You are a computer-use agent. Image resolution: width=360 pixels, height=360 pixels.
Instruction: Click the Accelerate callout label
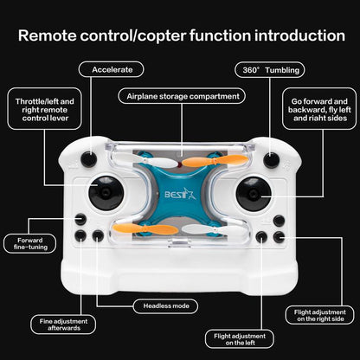click(111, 68)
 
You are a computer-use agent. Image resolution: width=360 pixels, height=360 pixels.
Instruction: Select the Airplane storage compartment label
click(180, 96)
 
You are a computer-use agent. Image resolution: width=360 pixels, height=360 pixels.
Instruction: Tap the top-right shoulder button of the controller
click(271, 159)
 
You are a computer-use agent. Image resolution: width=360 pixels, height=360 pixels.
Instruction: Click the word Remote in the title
click(61, 35)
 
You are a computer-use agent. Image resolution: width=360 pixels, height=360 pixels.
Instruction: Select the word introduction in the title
click(286, 35)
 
